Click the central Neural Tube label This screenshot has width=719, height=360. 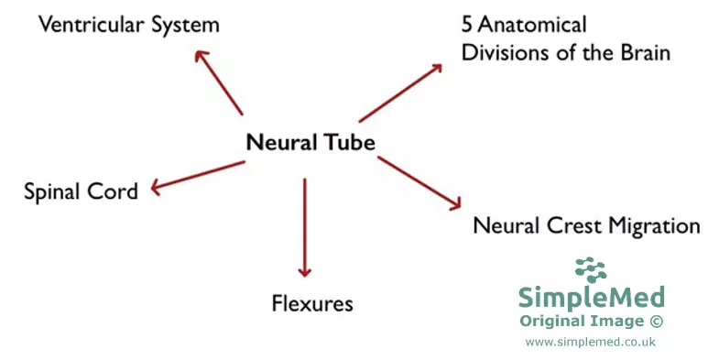(x=310, y=143)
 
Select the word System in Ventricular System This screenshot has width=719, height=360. (x=188, y=25)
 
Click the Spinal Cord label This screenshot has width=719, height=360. (x=81, y=191)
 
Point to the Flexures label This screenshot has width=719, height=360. (x=311, y=302)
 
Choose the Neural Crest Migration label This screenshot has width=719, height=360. (x=586, y=225)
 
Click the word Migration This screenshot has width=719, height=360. (x=655, y=225)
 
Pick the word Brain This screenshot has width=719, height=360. (x=642, y=52)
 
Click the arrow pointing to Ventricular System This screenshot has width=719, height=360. (x=219, y=83)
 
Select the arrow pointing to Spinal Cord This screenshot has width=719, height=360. (x=198, y=176)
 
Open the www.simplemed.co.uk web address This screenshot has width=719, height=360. (x=591, y=341)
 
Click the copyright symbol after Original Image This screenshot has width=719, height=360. (x=656, y=321)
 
